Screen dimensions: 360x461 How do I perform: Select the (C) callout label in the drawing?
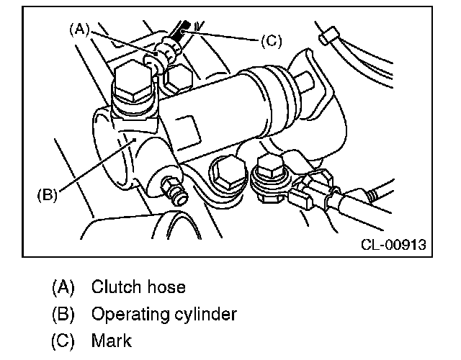[x=270, y=40]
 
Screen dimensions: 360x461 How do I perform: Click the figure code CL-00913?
[x=393, y=245]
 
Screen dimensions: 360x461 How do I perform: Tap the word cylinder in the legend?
[x=203, y=315]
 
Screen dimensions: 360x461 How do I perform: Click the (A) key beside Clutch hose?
[x=63, y=287]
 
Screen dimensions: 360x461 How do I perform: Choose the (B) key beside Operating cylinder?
[x=63, y=315]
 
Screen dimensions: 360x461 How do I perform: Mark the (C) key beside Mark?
[x=63, y=341]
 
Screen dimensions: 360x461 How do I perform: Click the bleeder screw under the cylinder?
[x=172, y=191]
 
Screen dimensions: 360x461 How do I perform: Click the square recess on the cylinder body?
[x=189, y=130]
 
